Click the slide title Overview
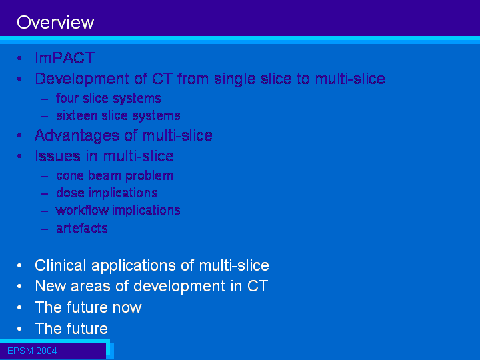[x=55, y=23]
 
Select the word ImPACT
[x=65, y=58]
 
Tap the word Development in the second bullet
[x=82, y=79]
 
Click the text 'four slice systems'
[x=109, y=99]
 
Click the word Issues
[x=58, y=156]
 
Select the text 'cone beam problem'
[x=115, y=176]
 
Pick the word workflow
[x=82, y=210]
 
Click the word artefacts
[x=82, y=228]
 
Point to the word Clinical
[x=60, y=265]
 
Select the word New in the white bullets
[x=51, y=286]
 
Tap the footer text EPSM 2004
[x=32, y=351]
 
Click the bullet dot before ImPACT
[x=19, y=58]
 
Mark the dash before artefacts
[x=45, y=229]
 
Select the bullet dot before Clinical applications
[x=19, y=265]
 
